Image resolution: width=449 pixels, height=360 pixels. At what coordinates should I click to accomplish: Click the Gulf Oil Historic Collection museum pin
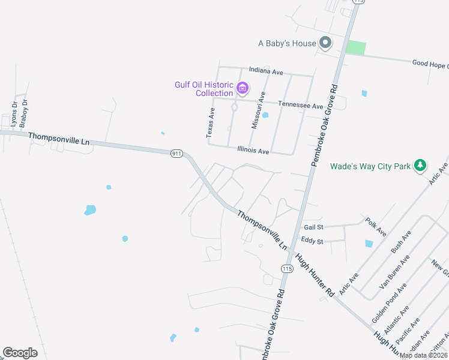coord(243,89)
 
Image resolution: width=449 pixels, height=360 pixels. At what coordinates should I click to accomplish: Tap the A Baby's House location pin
coord(325,43)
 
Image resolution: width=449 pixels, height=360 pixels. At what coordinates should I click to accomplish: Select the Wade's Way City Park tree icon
coord(421,165)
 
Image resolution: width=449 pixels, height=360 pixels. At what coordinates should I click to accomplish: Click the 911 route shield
coord(176,154)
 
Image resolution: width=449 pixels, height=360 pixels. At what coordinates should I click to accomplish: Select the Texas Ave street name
coord(210,123)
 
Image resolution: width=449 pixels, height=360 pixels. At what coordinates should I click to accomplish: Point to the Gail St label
coord(313,227)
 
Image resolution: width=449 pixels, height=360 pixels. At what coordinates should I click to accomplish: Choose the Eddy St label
coord(312,241)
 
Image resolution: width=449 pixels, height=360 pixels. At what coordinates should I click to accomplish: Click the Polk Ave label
coord(376,227)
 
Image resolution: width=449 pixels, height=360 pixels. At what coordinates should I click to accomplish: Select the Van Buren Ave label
coord(395,271)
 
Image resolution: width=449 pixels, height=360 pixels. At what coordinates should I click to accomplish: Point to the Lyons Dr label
coord(14,113)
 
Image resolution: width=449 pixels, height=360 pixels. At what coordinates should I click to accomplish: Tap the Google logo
coord(20,353)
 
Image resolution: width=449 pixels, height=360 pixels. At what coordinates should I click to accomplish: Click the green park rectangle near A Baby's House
coord(356,47)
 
